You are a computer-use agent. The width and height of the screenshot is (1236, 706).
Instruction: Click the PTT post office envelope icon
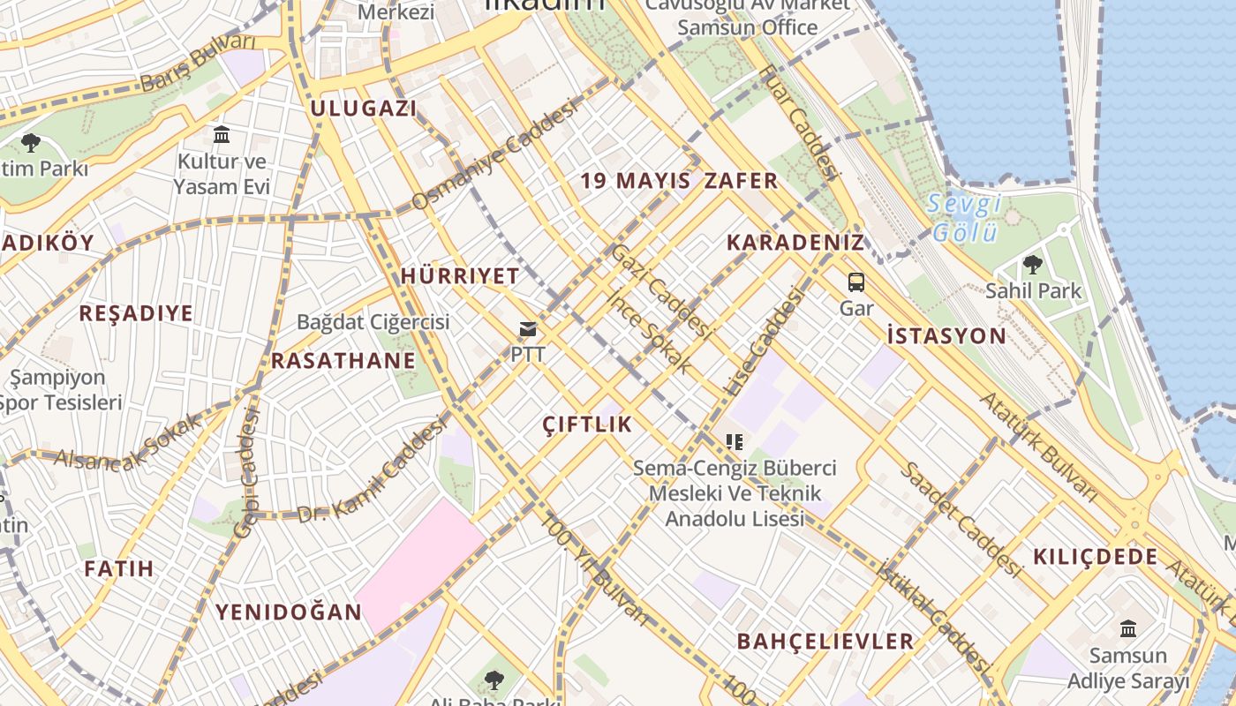click(528, 330)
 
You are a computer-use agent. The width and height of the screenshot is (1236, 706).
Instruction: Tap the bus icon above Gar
click(855, 282)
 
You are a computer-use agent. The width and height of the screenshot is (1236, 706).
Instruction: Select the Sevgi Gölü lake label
click(965, 218)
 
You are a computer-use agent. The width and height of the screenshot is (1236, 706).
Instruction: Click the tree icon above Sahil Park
click(1032, 264)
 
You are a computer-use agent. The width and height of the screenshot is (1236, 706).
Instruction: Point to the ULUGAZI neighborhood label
click(363, 109)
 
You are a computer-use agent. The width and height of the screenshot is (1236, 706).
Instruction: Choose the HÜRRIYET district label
click(460, 275)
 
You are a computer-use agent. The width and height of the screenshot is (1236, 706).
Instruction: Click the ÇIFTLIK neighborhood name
click(588, 424)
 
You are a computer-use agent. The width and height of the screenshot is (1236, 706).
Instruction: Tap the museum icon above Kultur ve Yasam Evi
click(222, 135)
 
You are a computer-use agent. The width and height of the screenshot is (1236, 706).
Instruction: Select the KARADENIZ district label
click(795, 243)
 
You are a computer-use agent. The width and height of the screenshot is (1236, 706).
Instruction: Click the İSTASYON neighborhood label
click(946, 335)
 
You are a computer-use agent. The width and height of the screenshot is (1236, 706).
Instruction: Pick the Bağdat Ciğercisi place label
click(373, 321)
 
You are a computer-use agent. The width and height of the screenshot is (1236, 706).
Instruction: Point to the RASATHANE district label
click(343, 360)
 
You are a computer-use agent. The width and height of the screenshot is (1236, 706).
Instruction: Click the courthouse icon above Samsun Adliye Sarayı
click(1127, 629)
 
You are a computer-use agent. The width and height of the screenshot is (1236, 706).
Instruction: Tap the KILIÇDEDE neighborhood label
click(1095, 557)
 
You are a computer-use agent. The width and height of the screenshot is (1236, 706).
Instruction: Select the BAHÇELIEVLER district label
click(825, 642)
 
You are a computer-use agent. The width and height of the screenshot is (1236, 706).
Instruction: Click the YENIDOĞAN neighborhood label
click(289, 612)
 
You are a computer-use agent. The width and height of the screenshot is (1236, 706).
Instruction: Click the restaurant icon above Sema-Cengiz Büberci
click(734, 442)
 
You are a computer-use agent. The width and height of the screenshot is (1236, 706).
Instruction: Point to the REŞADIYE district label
click(136, 313)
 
